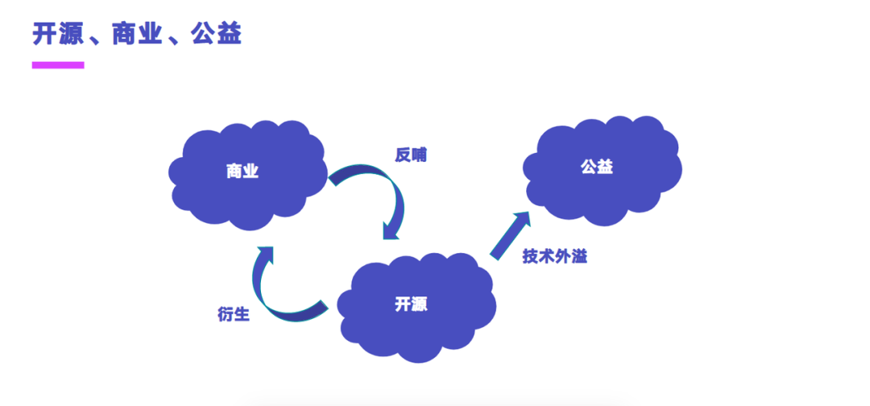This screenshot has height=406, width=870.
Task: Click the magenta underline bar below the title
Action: [x=58, y=64]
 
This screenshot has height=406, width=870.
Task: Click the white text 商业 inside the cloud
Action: [x=242, y=171]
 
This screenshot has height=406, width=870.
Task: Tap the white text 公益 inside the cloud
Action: [x=597, y=167]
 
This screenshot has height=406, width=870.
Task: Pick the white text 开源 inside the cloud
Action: [x=411, y=304]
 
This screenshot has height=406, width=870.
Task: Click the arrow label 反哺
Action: [x=410, y=155]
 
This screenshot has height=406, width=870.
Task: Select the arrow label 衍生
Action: [x=234, y=314]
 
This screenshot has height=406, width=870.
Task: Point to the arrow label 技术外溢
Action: [x=554, y=257]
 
